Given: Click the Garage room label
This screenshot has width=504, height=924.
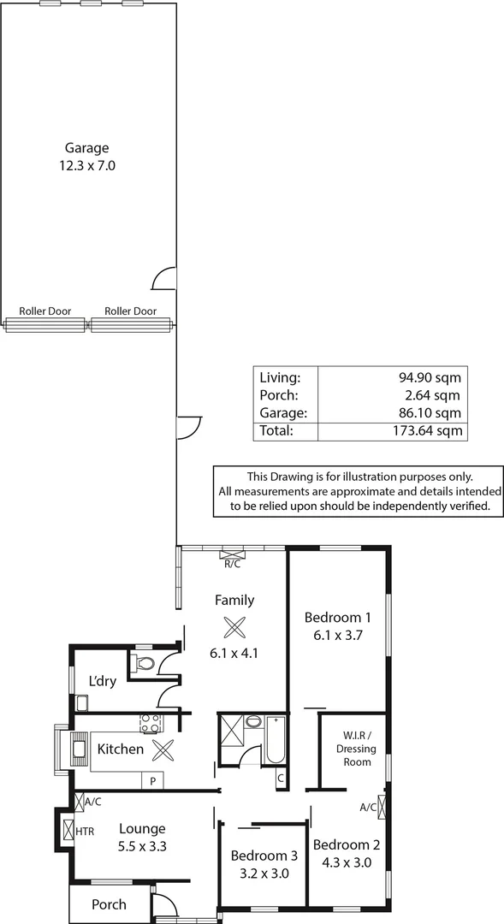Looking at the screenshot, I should (86, 147).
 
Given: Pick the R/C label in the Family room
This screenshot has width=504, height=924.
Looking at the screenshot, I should (232, 564).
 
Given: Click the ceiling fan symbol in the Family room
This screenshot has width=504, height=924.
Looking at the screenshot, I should (234, 627).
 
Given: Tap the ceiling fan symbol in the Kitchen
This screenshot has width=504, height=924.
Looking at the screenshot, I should (163, 750).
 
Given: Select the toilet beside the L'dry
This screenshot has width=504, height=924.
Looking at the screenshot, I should (143, 664).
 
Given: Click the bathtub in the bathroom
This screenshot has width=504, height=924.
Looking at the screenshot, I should (274, 740).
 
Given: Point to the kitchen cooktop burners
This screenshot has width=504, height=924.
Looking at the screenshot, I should (151, 724).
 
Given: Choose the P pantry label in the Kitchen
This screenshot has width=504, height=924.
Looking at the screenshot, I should (153, 781).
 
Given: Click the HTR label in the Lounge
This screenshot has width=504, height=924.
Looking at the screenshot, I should (86, 831).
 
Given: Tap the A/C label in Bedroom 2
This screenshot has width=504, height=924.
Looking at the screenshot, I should (368, 807).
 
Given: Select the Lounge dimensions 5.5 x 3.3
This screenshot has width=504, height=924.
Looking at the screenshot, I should (142, 846).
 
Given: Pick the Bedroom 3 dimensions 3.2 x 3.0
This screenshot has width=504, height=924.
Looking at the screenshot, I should (264, 874).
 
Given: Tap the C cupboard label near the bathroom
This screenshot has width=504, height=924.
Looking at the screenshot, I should (280, 779).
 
